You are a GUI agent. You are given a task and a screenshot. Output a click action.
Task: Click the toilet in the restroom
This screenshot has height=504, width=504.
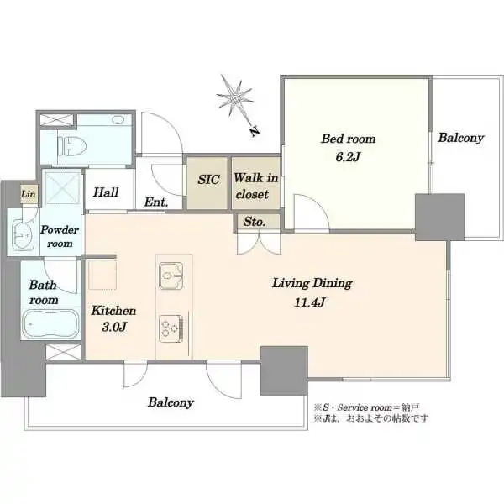[x=72, y=146]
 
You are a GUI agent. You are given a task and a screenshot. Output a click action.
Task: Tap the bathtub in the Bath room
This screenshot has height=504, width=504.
[x=50, y=323]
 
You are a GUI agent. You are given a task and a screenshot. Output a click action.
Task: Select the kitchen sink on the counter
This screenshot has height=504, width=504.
[x=171, y=276]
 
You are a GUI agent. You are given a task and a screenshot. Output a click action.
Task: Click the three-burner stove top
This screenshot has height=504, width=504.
[x=171, y=328]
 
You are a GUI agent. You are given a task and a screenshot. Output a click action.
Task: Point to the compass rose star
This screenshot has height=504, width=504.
[x=234, y=97]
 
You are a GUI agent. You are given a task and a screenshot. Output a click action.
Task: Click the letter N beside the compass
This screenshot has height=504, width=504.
[x=255, y=131]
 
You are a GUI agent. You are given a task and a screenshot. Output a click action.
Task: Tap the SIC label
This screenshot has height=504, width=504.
[x=208, y=180]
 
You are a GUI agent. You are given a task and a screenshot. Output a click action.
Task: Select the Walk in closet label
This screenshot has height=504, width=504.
[x=256, y=186]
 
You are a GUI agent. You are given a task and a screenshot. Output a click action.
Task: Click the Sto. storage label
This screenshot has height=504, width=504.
[x=255, y=222]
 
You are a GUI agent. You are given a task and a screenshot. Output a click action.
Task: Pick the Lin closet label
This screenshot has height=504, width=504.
[x=29, y=194]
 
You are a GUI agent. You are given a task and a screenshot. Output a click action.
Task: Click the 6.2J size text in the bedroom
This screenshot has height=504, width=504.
[x=348, y=157]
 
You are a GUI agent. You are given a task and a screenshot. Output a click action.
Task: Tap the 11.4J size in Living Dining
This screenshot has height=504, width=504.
[x=310, y=302]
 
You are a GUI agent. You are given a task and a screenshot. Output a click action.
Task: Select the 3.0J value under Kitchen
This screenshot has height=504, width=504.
[x=114, y=327]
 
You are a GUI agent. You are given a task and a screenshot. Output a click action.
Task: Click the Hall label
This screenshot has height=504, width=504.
[x=106, y=192]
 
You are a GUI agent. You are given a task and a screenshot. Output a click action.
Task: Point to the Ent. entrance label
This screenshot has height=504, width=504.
[x=156, y=202]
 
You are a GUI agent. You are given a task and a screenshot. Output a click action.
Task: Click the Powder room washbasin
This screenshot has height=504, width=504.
[x=23, y=234]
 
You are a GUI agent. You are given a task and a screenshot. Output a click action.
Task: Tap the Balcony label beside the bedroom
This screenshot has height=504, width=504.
[x=461, y=138]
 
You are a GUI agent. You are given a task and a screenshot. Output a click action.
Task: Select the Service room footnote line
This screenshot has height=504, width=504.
[x=366, y=407]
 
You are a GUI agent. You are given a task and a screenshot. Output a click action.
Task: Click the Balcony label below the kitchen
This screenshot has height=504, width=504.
[x=171, y=402]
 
